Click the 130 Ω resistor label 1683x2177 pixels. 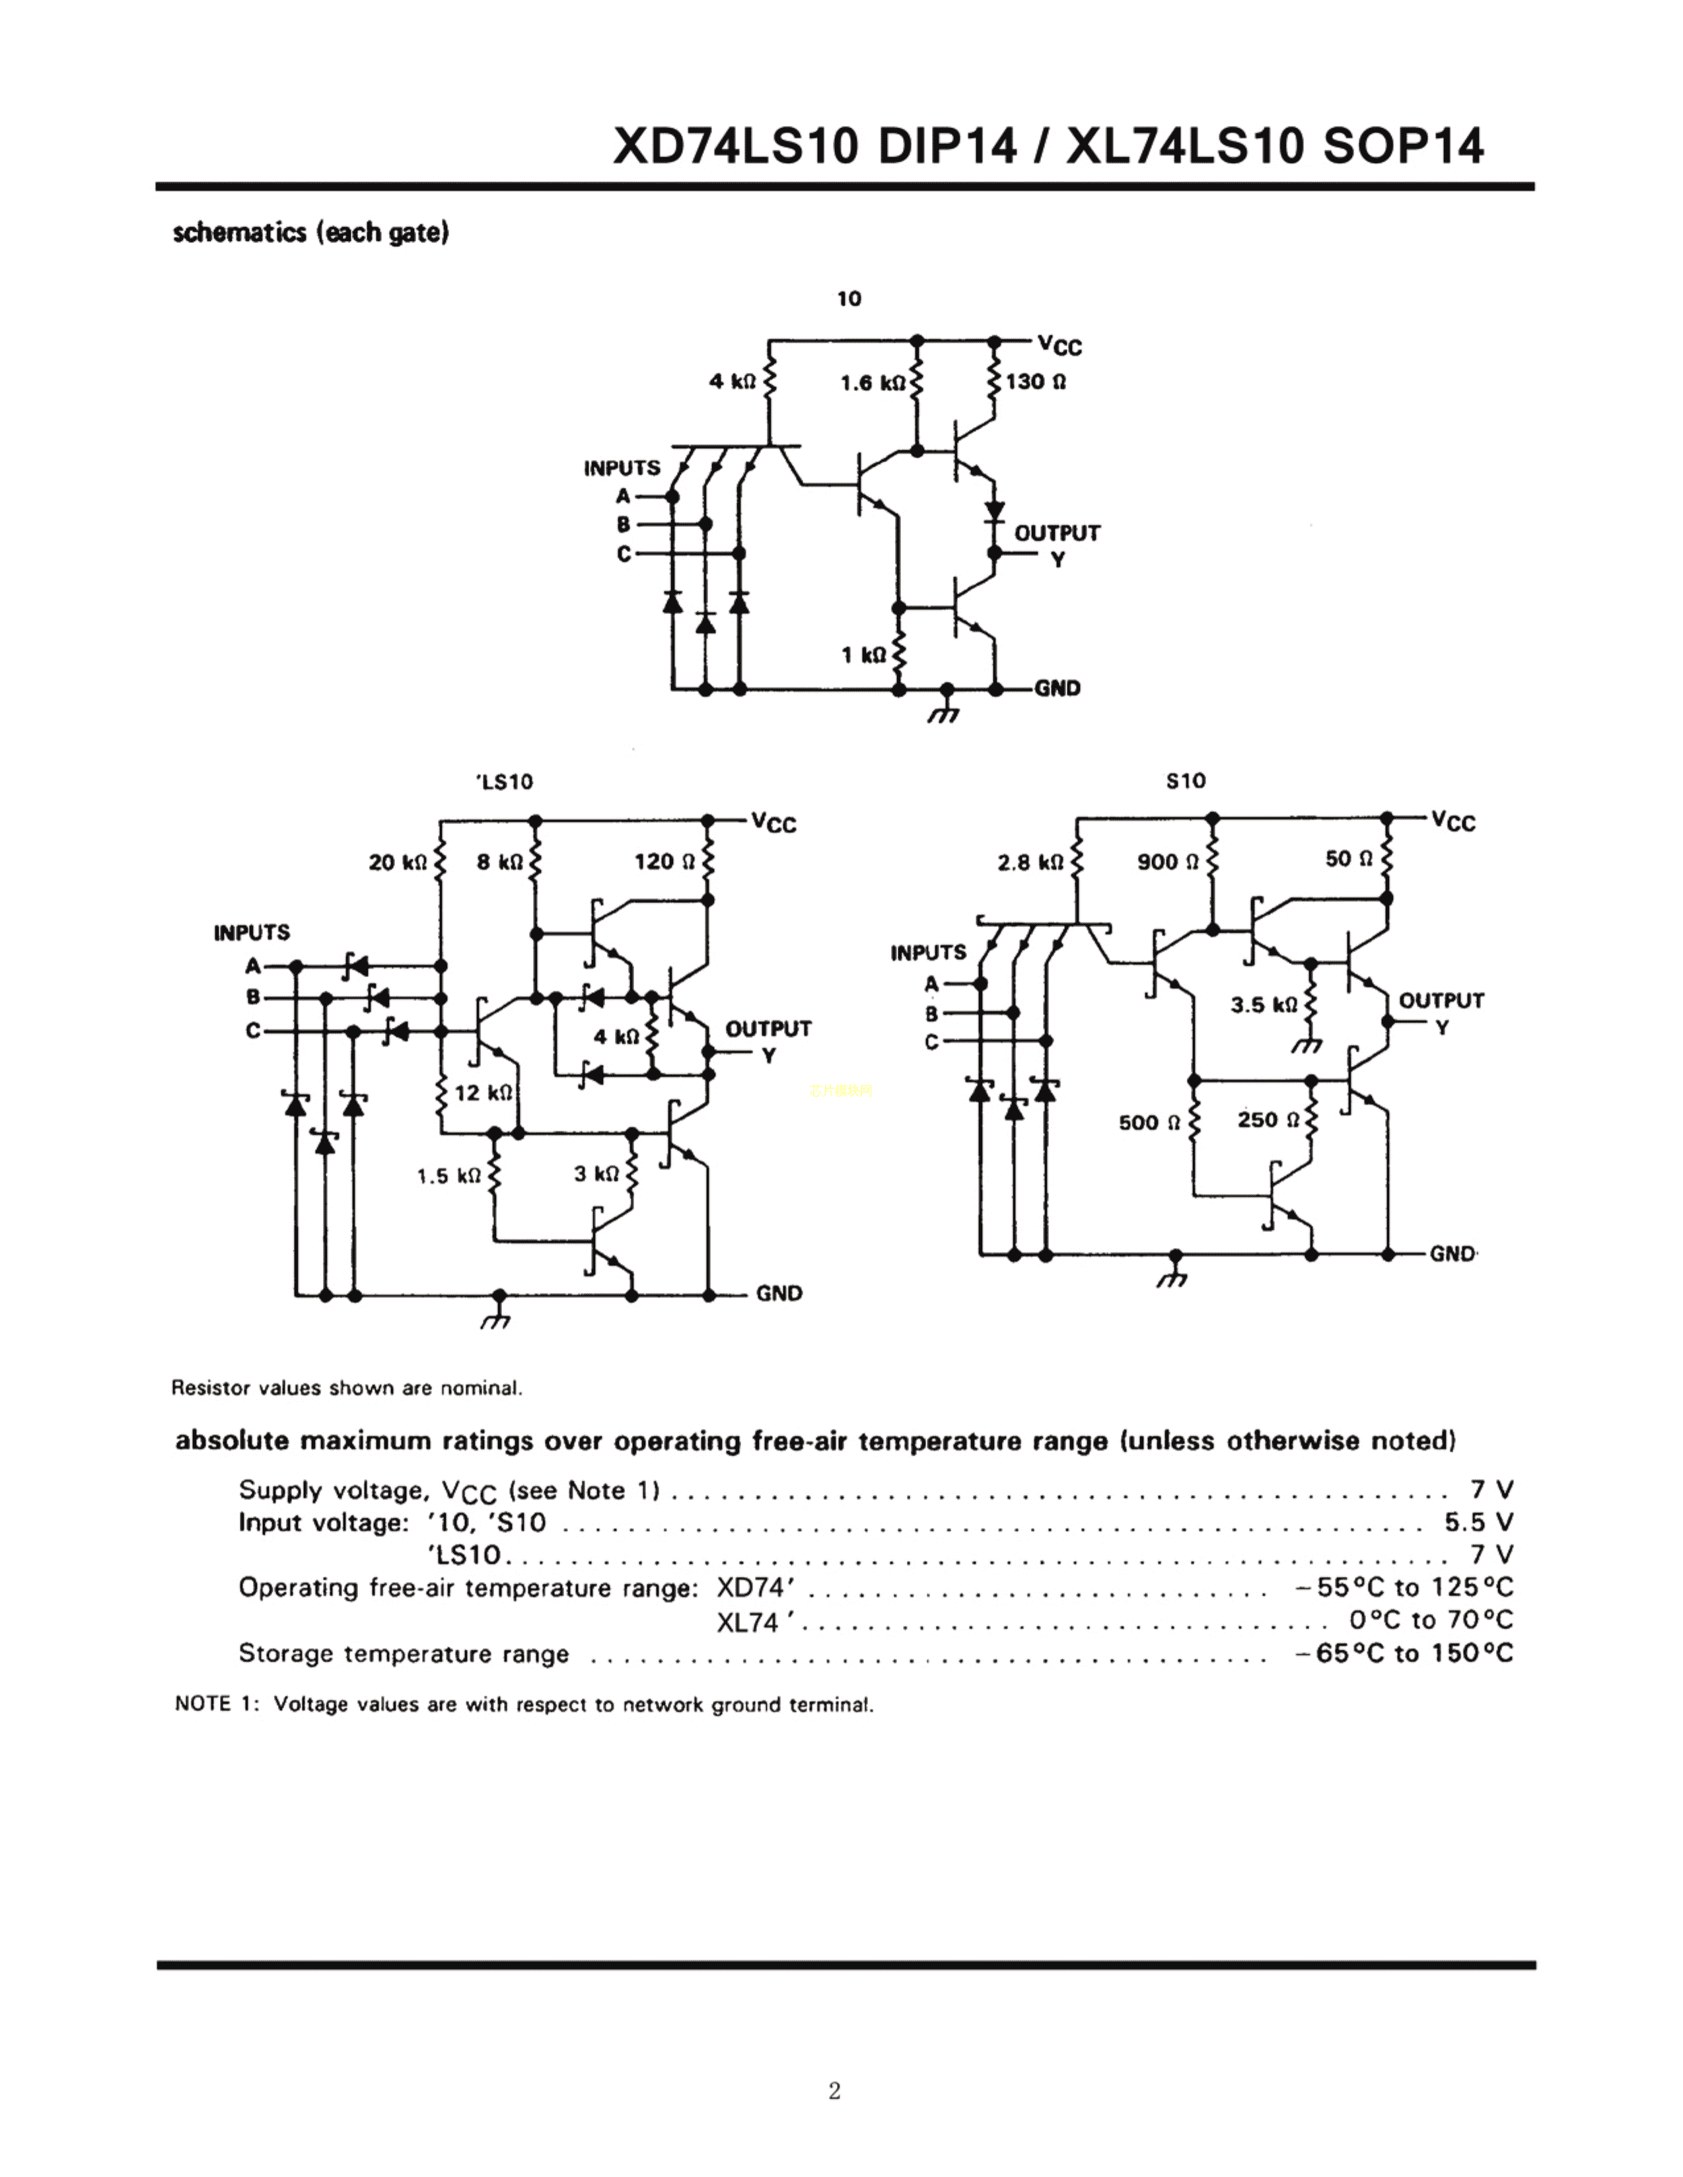coord(1035,382)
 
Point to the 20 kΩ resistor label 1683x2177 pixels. coord(398,862)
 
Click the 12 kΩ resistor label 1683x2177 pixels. coord(483,1093)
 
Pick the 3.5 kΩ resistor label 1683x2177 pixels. coord(1264,1005)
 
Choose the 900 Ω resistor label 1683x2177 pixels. coord(1168,861)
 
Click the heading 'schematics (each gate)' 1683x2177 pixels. coord(311,233)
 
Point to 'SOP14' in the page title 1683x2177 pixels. coord(1403,147)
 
